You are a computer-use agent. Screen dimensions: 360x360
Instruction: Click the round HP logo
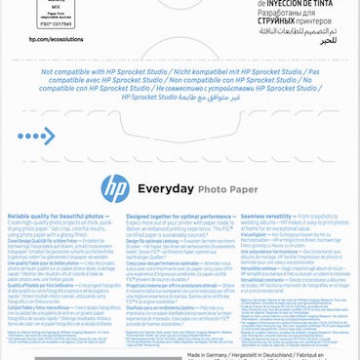pos(115,187)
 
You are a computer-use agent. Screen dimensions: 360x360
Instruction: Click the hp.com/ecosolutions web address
pos(57,40)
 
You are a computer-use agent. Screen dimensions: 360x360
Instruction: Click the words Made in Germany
pos(209,354)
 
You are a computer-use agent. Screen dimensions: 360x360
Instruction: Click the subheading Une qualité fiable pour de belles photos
pos(49,262)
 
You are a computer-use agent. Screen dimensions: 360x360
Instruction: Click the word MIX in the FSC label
pos(57,6)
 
